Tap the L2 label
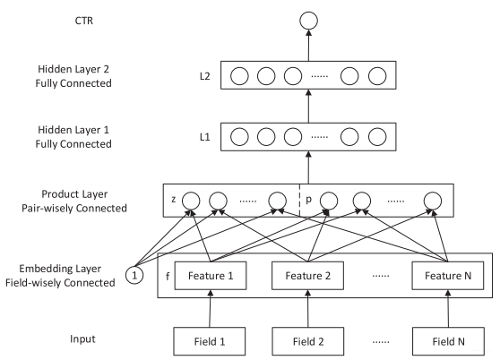coord(204,76)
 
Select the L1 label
coord(204,137)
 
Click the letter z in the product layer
coord(174,200)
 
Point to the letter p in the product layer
coord(308,200)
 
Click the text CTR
coord(84,21)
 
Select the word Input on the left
coord(82,339)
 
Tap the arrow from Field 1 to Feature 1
coord(210,309)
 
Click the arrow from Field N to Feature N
coord(448,309)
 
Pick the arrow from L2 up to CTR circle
coord(308,46)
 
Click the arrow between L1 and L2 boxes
coord(308,106)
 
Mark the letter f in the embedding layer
coord(168,276)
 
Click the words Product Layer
coord(74,194)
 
